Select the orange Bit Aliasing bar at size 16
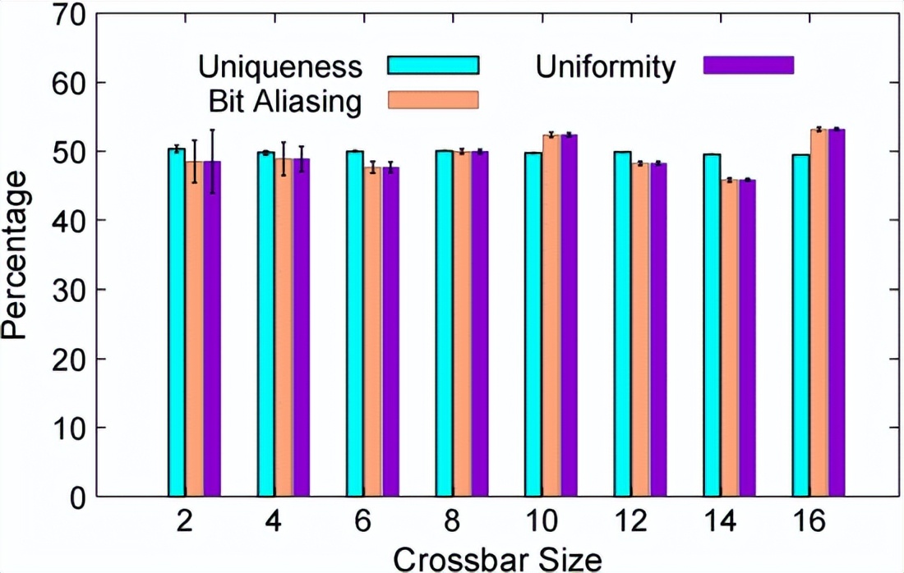tap(819, 313)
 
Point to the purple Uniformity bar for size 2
tap(212, 328)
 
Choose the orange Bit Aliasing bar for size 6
tap(372, 332)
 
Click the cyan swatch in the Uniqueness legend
tap(433, 65)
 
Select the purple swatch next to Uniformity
tap(749, 65)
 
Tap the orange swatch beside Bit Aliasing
tap(433, 99)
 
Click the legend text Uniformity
tap(606, 66)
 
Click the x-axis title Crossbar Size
tap(497, 558)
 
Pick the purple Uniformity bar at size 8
tap(480, 324)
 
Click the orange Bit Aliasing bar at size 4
tap(283, 328)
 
